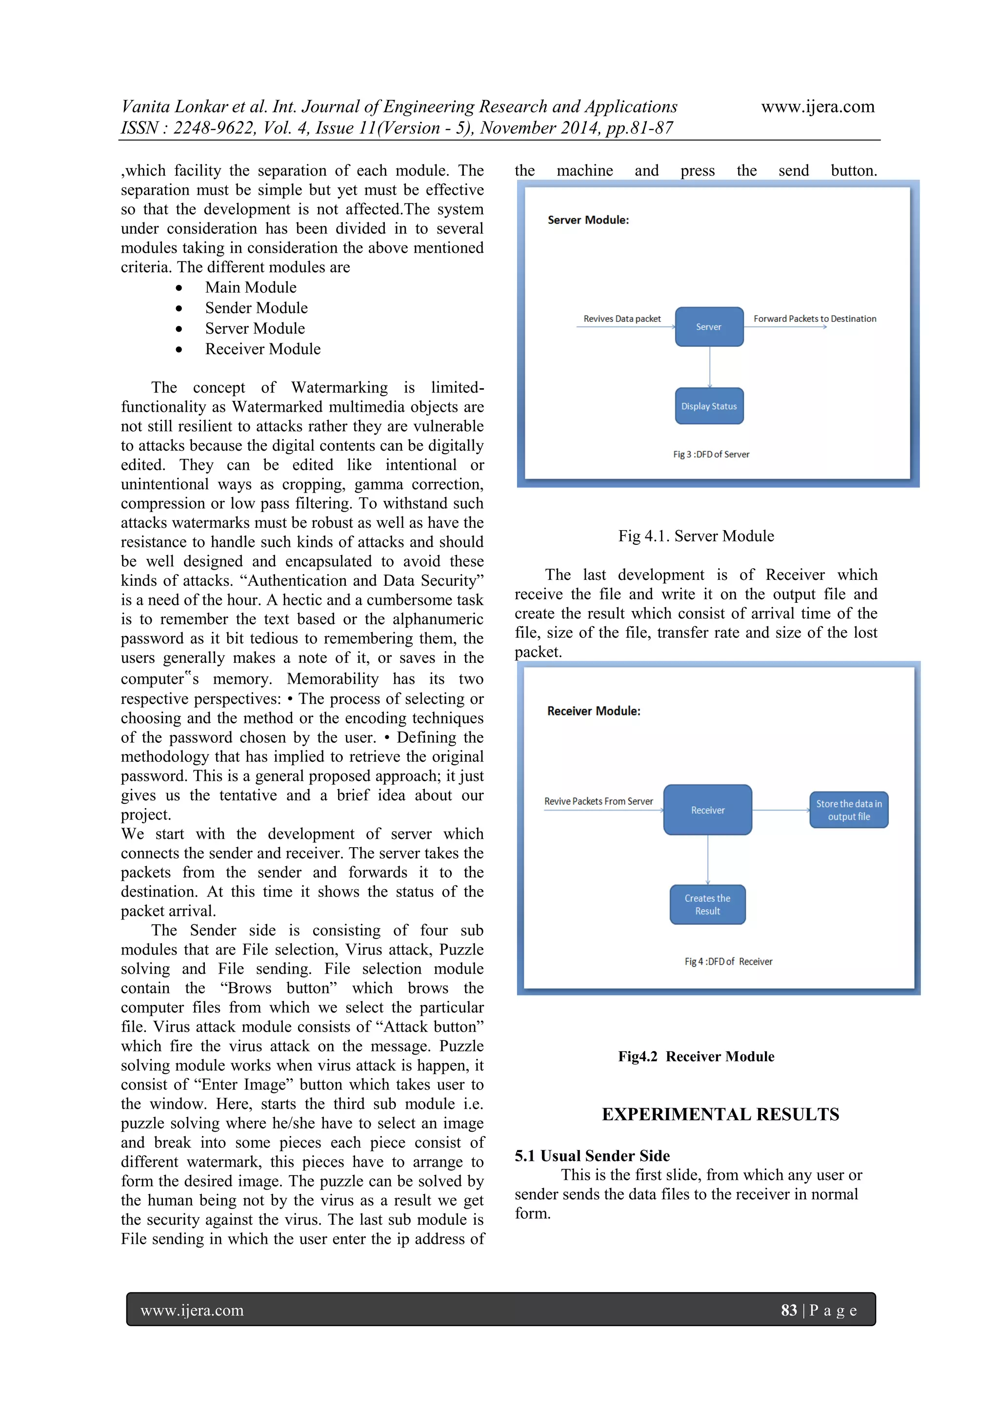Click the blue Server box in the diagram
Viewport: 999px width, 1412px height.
tap(709, 327)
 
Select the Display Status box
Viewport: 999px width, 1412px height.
tap(709, 406)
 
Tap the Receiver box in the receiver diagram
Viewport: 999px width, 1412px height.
tap(707, 810)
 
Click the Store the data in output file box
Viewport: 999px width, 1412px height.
tap(848, 810)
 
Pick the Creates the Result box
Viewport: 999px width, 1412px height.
tap(707, 905)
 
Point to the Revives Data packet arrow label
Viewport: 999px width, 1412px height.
tap(621, 318)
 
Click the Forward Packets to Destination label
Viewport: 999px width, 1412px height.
tap(815, 318)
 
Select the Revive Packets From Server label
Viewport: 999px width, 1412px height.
tap(598, 801)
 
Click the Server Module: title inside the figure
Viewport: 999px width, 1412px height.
tap(588, 220)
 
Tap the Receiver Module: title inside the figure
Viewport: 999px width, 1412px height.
tap(594, 711)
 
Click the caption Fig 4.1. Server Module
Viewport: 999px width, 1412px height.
tap(696, 536)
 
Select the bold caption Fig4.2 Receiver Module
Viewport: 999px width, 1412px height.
tap(696, 1056)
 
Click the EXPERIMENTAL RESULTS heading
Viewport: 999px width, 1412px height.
tap(719, 1114)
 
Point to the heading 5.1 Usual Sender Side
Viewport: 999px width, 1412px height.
tap(592, 1155)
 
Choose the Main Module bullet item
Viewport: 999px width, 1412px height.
tap(250, 287)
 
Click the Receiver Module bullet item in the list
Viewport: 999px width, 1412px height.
tap(262, 349)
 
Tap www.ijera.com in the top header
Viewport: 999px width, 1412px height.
tap(818, 106)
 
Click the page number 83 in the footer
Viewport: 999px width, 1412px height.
tap(789, 1310)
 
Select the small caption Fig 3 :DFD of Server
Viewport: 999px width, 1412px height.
tap(711, 455)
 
